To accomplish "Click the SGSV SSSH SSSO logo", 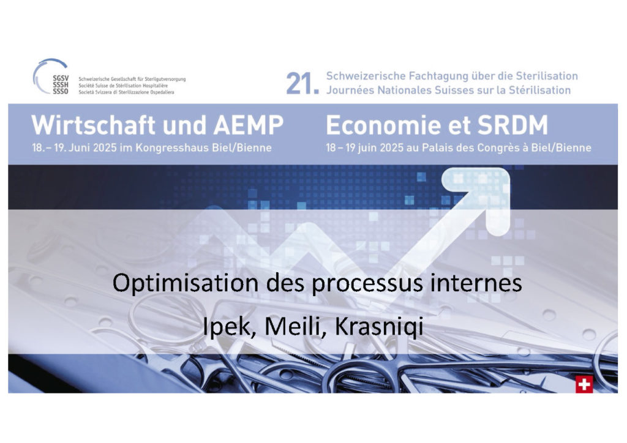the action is pyautogui.click(x=51, y=76).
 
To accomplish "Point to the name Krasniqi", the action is pyautogui.click(x=379, y=327).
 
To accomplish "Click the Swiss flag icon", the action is pyautogui.click(x=584, y=384).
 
